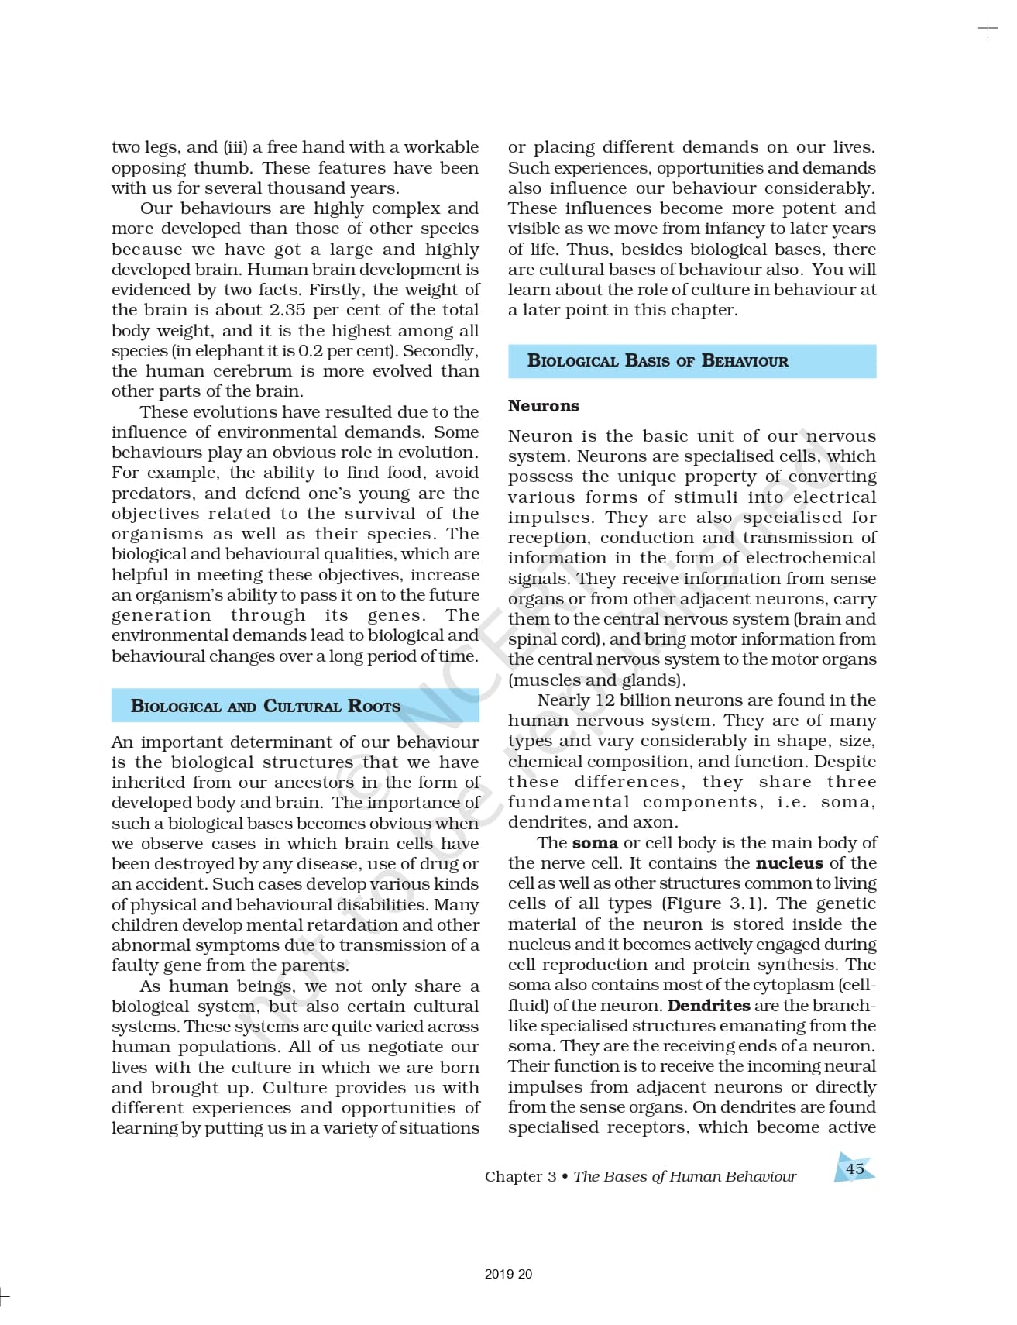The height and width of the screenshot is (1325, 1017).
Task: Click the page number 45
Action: pos(854,1168)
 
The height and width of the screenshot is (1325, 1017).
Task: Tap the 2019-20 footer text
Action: pos(508,1274)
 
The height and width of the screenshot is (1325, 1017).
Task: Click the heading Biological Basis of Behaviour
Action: pos(658,361)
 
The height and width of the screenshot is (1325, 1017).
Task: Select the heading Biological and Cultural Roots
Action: pos(266,706)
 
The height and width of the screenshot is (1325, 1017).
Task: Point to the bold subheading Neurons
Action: pos(543,406)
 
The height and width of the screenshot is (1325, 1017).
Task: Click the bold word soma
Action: pos(595,843)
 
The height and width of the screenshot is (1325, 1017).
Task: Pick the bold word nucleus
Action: pos(789,863)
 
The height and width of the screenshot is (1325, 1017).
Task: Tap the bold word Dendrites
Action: pos(708,1006)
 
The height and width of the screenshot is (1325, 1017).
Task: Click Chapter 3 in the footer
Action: pos(521,1176)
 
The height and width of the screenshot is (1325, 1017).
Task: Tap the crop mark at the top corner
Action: pos(988,29)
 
